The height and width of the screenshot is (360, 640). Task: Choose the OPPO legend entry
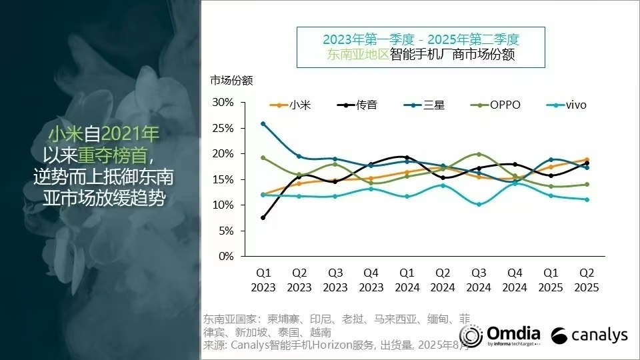pyautogui.click(x=496, y=105)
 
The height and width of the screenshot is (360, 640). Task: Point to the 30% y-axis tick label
pyautogui.click(x=223, y=102)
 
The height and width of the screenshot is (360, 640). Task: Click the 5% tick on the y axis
pyautogui.click(x=227, y=231)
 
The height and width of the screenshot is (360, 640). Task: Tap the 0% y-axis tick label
pyautogui.click(x=227, y=256)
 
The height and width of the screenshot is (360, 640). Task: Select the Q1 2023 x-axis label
pyautogui.click(x=263, y=280)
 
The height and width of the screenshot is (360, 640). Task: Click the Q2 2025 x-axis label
pyautogui.click(x=587, y=280)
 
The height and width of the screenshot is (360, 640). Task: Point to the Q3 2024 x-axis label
pyautogui.click(x=479, y=280)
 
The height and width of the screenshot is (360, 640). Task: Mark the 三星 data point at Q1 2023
pyautogui.click(x=263, y=123)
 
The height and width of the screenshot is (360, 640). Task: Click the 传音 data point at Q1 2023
pyautogui.click(x=263, y=217)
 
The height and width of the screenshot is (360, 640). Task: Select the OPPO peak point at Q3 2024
pyautogui.click(x=479, y=154)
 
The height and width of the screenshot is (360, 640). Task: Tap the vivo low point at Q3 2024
pyautogui.click(x=479, y=204)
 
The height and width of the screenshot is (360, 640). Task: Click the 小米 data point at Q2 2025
pyautogui.click(x=587, y=159)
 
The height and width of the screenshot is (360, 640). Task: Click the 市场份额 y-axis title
pyautogui.click(x=231, y=81)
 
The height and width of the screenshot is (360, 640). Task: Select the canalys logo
pyautogui.click(x=590, y=335)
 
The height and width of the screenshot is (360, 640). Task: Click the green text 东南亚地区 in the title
pyautogui.click(x=357, y=54)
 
